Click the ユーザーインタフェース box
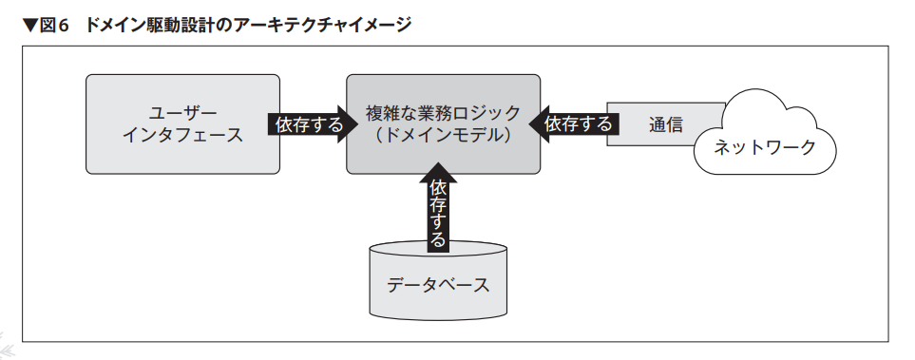click(x=182, y=123)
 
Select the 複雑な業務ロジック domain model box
click(x=444, y=123)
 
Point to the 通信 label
click(x=665, y=124)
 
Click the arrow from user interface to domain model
click(x=313, y=123)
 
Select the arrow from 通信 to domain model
click(x=573, y=123)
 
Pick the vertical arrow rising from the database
click(x=438, y=208)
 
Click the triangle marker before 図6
click(x=30, y=26)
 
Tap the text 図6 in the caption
click(x=54, y=26)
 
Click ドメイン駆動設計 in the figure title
click(x=154, y=26)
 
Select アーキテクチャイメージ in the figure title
click(x=316, y=26)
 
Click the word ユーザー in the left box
click(x=182, y=113)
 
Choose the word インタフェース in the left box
click(x=182, y=136)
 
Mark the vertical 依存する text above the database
click(x=438, y=214)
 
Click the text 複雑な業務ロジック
click(x=444, y=113)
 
